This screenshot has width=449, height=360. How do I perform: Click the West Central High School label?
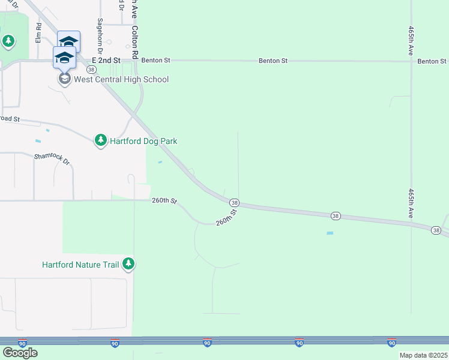[121, 79]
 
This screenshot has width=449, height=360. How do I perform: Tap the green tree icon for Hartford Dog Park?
[100, 140]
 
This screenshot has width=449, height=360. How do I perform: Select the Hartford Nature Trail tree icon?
[128, 263]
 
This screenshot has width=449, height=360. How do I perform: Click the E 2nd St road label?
[106, 61]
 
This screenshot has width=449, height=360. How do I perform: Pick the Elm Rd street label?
[38, 32]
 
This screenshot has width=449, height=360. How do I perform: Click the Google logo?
[20, 353]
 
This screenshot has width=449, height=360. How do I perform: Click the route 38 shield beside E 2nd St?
[91, 70]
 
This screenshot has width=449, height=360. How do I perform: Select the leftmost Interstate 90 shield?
[22, 343]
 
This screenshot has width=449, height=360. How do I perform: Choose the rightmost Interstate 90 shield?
[391, 343]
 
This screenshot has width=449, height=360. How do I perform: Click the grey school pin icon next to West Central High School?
[64, 78]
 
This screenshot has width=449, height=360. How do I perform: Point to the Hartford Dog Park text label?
[143, 141]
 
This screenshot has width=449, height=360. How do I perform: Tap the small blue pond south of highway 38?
[330, 233]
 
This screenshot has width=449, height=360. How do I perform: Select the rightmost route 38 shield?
[436, 230]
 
